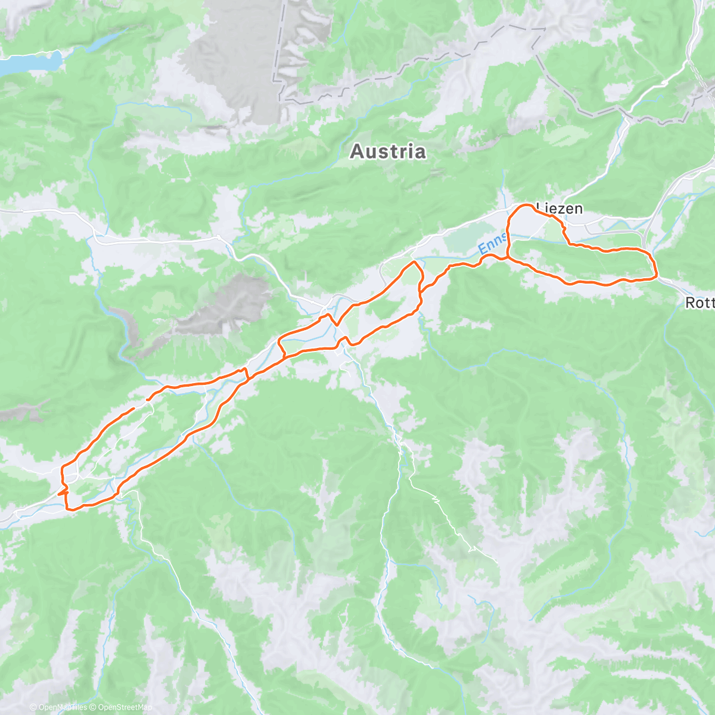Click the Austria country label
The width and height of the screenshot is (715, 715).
[x=388, y=151]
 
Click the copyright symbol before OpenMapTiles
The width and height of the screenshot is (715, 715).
[x=33, y=707]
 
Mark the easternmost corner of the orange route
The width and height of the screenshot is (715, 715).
[x=657, y=275]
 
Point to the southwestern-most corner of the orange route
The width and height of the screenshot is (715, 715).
[x=65, y=508]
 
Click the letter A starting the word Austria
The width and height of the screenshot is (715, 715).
[x=356, y=151]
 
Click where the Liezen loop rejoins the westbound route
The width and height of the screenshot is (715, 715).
[x=508, y=257]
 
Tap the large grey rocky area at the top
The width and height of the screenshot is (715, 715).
[x=232, y=60]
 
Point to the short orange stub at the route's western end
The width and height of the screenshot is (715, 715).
[x=60, y=493]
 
